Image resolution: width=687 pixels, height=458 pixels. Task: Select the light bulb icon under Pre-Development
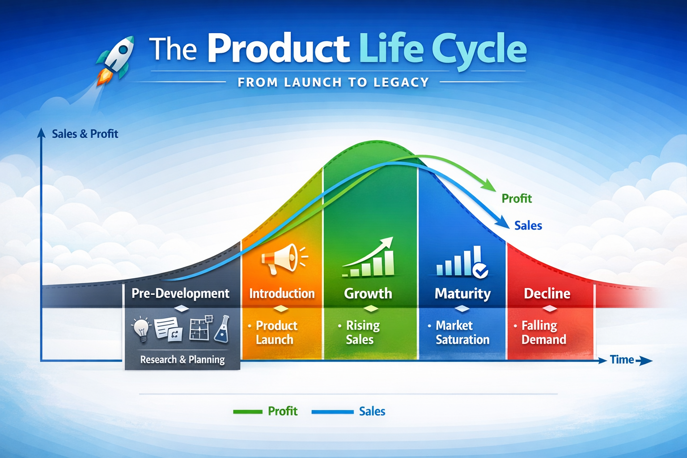[142, 329]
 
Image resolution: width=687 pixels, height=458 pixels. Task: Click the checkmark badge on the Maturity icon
[480, 271]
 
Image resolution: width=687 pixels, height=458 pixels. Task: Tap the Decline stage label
[547, 293]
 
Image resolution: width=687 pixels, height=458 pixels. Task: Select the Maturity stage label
[462, 293]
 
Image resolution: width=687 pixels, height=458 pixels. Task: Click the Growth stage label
[368, 293]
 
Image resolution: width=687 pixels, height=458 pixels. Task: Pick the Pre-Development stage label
[180, 293]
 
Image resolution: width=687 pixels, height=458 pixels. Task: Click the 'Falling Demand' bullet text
[543, 332]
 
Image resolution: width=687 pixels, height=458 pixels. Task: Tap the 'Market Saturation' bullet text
[462, 332]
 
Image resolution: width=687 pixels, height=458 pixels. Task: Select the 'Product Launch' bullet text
[276, 332]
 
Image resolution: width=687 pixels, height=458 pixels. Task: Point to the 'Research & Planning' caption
[182, 360]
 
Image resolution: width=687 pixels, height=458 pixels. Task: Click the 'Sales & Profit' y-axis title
[85, 134]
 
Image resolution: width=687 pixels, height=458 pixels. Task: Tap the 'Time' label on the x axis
[622, 360]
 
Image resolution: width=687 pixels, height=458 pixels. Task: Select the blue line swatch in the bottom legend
[332, 411]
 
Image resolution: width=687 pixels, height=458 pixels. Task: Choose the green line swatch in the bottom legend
[248, 411]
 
